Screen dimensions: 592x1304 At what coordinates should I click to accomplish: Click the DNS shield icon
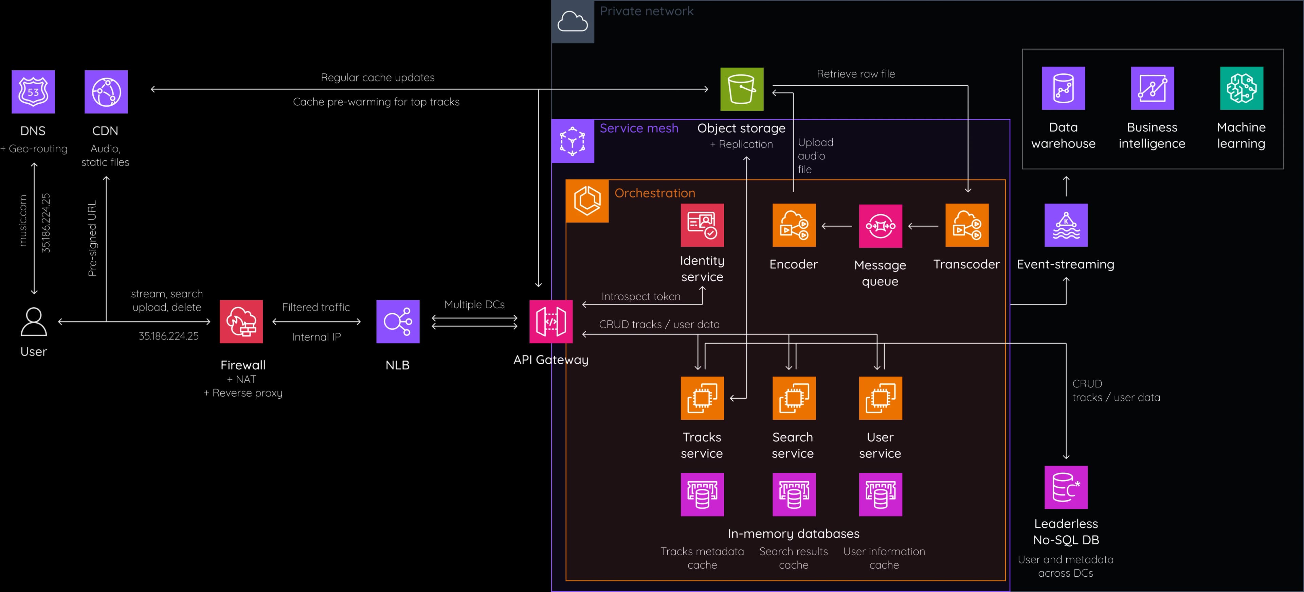pos(33,92)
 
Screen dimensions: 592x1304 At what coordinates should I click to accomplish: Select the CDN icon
pos(106,92)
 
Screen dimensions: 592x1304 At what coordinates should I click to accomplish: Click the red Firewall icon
pos(241,321)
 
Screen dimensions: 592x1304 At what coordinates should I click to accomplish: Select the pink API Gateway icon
pos(551,321)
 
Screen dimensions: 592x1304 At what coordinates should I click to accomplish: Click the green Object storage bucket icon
pos(742,89)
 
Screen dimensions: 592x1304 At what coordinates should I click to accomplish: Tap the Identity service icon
pos(702,225)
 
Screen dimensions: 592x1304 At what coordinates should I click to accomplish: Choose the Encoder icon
pos(794,225)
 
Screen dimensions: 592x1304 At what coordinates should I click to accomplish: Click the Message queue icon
pos(880,226)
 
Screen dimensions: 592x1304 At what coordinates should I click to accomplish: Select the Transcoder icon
pos(967,225)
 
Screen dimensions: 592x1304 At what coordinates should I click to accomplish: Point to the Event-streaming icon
pos(1066,225)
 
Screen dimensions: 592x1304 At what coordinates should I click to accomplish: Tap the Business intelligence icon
pos(1152,88)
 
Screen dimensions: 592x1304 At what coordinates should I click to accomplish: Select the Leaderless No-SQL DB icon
pos(1066,487)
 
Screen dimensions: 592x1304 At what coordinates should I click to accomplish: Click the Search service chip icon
pos(794,398)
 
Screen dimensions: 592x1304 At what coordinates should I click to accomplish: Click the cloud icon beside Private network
pos(573,22)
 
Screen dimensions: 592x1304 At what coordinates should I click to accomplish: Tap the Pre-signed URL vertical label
pos(92,238)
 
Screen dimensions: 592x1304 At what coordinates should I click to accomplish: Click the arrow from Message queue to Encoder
pos(837,226)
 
